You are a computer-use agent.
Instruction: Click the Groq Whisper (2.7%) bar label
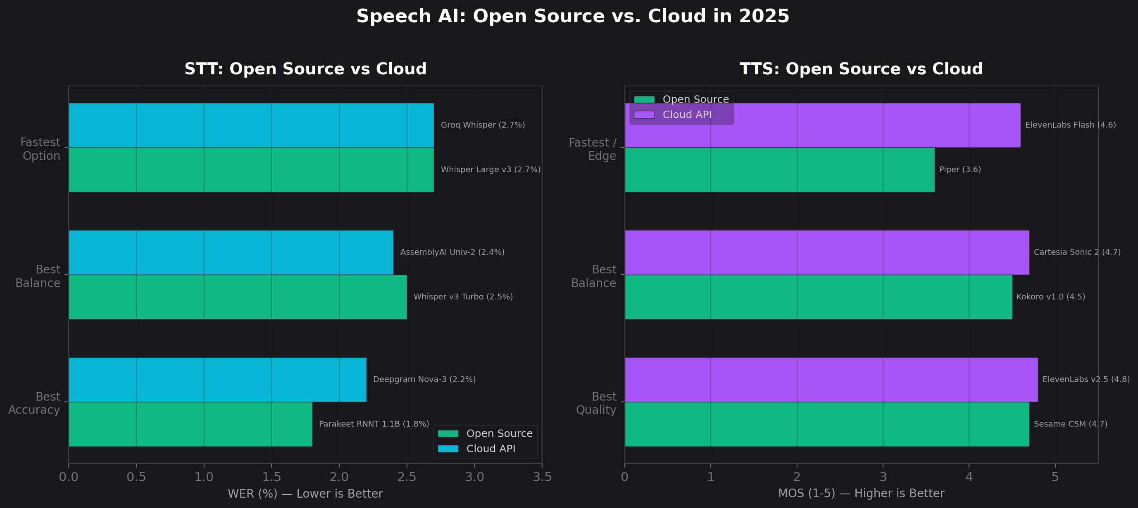tap(482, 125)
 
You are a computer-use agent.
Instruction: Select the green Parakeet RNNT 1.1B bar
tap(190, 424)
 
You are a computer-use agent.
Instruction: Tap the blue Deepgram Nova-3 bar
tap(217, 380)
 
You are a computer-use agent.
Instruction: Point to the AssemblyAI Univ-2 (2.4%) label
tap(452, 252)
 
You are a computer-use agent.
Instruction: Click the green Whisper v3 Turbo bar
tap(238, 297)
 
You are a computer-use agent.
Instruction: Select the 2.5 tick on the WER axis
tap(407, 477)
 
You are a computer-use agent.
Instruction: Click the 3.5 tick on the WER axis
tap(542, 477)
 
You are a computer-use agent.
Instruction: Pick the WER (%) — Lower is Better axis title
tap(305, 494)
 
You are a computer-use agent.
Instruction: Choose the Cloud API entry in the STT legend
tap(490, 449)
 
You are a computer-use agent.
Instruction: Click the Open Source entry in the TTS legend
tap(695, 99)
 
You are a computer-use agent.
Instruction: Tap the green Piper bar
tap(779, 170)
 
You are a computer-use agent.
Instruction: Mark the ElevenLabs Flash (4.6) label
tap(1070, 125)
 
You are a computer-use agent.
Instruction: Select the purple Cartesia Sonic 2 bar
tap(826, 252)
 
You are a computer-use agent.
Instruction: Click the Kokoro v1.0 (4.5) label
tap(1050, 297)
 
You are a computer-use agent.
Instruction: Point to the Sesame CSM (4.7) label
tap(1070, 424)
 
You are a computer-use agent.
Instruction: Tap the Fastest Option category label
tap(40, 149)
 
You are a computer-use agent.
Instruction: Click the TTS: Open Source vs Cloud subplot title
tap(861, 69)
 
